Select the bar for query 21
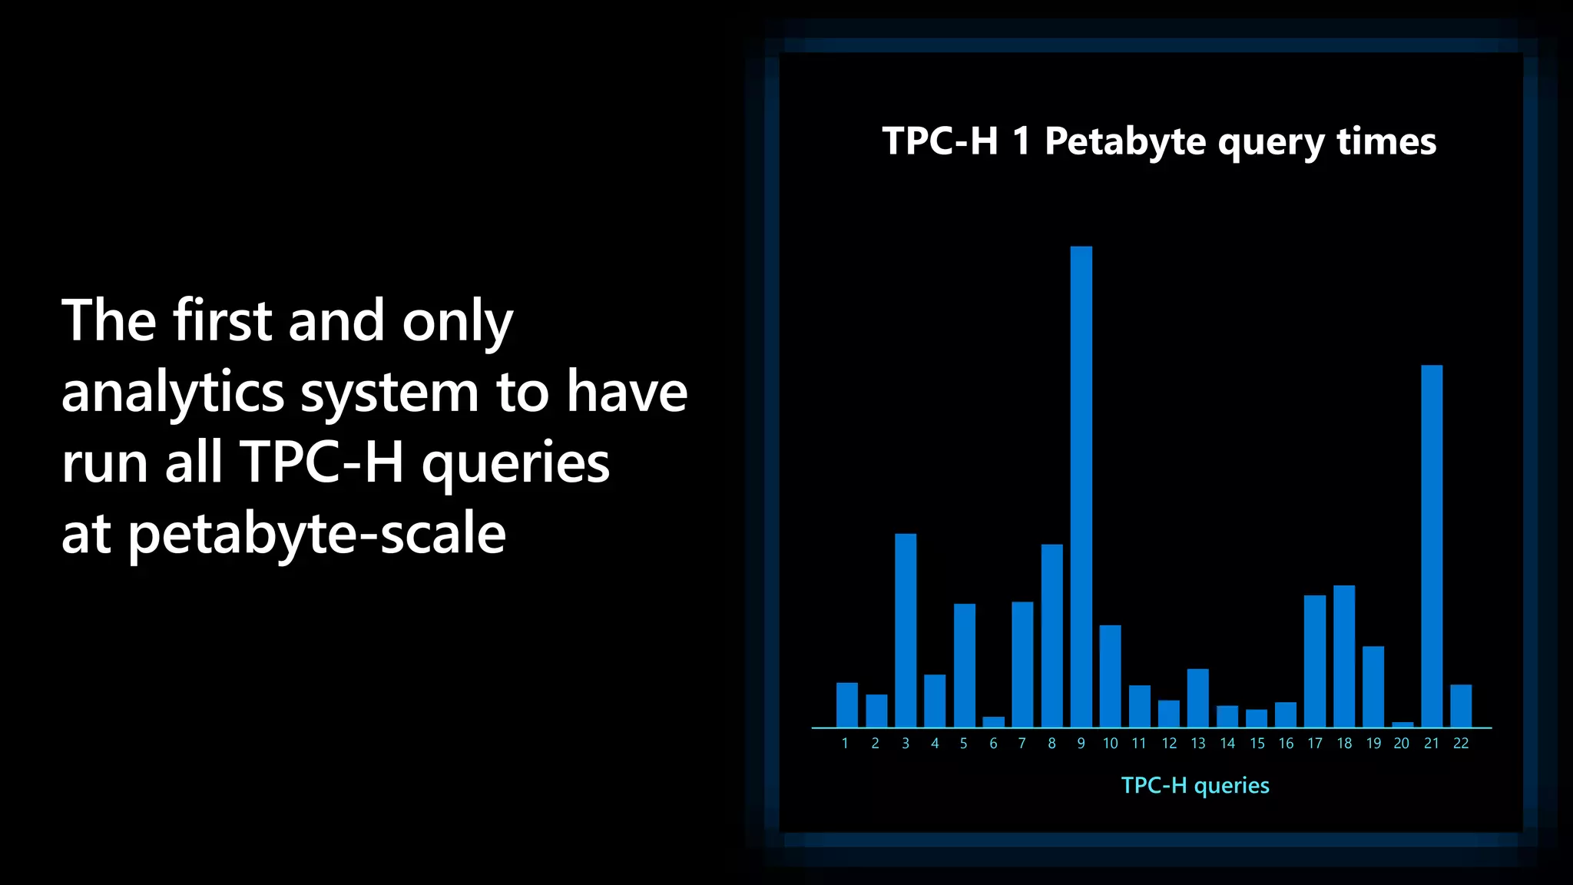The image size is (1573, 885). point(1432,545)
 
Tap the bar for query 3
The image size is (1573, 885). point(906,630)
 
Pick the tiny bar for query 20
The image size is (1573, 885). point(1402,724)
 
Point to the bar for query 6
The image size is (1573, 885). point(993,721)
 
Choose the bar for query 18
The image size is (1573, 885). point(1344,656)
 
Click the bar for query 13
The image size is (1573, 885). point(1197,698)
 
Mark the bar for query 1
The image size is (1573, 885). point(846,704)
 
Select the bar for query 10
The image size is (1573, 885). point(1110,676)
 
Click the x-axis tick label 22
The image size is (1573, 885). point(1461,744)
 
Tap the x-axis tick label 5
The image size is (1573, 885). point(963,744)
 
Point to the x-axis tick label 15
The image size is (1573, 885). point(1257,744)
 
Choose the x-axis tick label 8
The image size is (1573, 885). point(1051,744)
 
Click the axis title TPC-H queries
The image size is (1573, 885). point(1194,785)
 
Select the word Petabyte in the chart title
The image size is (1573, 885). point(1125,142)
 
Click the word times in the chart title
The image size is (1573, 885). point(1386,142)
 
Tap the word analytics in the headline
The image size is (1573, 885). point(173,393)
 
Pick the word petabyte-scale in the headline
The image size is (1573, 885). point(316,535)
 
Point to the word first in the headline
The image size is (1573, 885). point(222,320)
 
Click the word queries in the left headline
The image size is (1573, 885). point(515,464)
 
